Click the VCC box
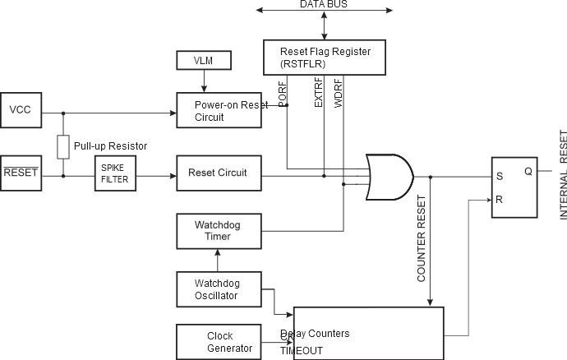click(20, 110)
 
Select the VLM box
click(205, 60)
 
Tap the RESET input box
click(21, 173)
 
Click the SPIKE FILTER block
click(114, 173)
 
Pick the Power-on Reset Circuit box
click(219, 111)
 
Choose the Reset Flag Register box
click(325, 57)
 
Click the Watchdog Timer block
click(218, 231)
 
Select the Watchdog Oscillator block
click(218, 289)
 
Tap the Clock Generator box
click(219, 342)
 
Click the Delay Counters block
click(368, 332)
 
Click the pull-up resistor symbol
click(63, 146)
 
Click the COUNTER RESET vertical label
click(422, 239)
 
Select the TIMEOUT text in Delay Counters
click(302, 350)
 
